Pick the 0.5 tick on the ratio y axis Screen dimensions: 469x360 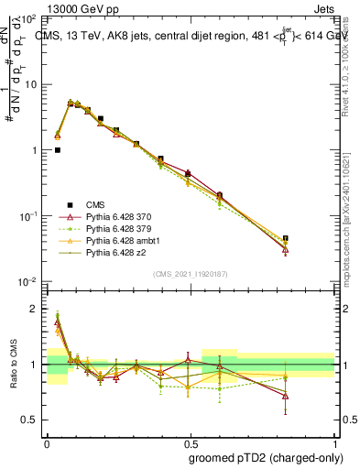coord(31,420)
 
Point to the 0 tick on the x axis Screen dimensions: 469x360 coord(47,440)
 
